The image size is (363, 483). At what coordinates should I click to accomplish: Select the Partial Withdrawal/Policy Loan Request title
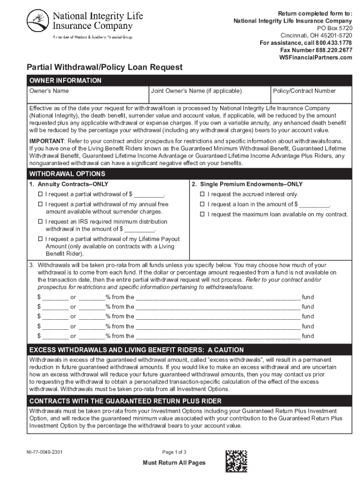tap(104, 67)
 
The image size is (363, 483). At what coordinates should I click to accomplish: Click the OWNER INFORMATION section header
tap(66, 81)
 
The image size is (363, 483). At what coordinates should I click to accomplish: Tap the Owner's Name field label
tap(49, 91)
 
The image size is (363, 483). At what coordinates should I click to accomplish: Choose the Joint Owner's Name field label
tap(197, 91)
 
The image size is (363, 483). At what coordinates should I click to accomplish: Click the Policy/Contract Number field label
tap(305, 91)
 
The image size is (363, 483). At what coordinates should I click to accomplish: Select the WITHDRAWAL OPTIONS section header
tap(64, 174)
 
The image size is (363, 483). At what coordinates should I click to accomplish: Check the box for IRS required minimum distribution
tap(41, 222)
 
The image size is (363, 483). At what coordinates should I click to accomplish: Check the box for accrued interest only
tap(203, 194)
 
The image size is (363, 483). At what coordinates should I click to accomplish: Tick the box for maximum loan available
tap(203, 215)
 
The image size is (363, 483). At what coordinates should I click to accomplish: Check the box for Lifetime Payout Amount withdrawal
tap(41, 239)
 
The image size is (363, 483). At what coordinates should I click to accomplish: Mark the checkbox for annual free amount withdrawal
tap(41, 205)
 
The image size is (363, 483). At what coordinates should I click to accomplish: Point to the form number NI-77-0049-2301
tap(45, 452)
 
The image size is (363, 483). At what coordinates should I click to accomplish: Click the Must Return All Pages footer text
tap(174, 463)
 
